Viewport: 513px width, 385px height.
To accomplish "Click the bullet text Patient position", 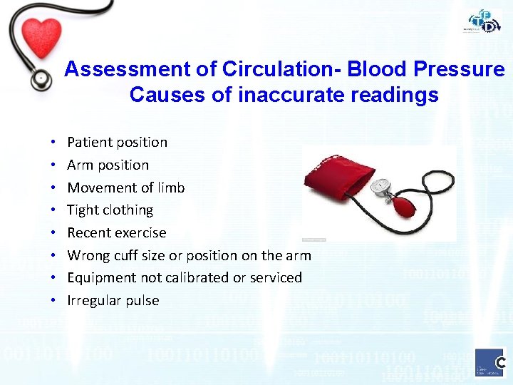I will click(117, 142).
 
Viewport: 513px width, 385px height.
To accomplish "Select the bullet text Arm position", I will click(108, 165).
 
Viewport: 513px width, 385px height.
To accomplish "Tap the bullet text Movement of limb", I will click(125, 188).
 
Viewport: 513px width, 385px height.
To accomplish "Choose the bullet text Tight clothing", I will click(110, 210).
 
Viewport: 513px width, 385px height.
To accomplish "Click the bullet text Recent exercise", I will click(116, 232).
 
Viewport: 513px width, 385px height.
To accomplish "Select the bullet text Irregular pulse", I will click(113, 300).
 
